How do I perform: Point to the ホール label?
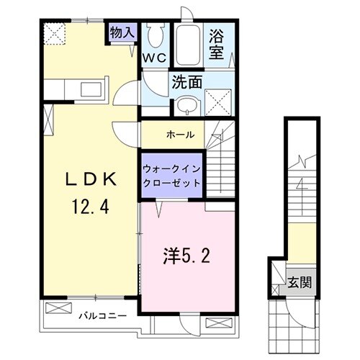click(x=179, y=135)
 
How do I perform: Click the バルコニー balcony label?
click(x=102, y=315)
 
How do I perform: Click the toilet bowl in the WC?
click(x=155, y=36)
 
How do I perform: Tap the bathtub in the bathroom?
click(x=189, y=45)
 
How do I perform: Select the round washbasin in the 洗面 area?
click(x=185, y=103)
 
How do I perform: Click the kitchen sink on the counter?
click(x=91, y=89)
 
